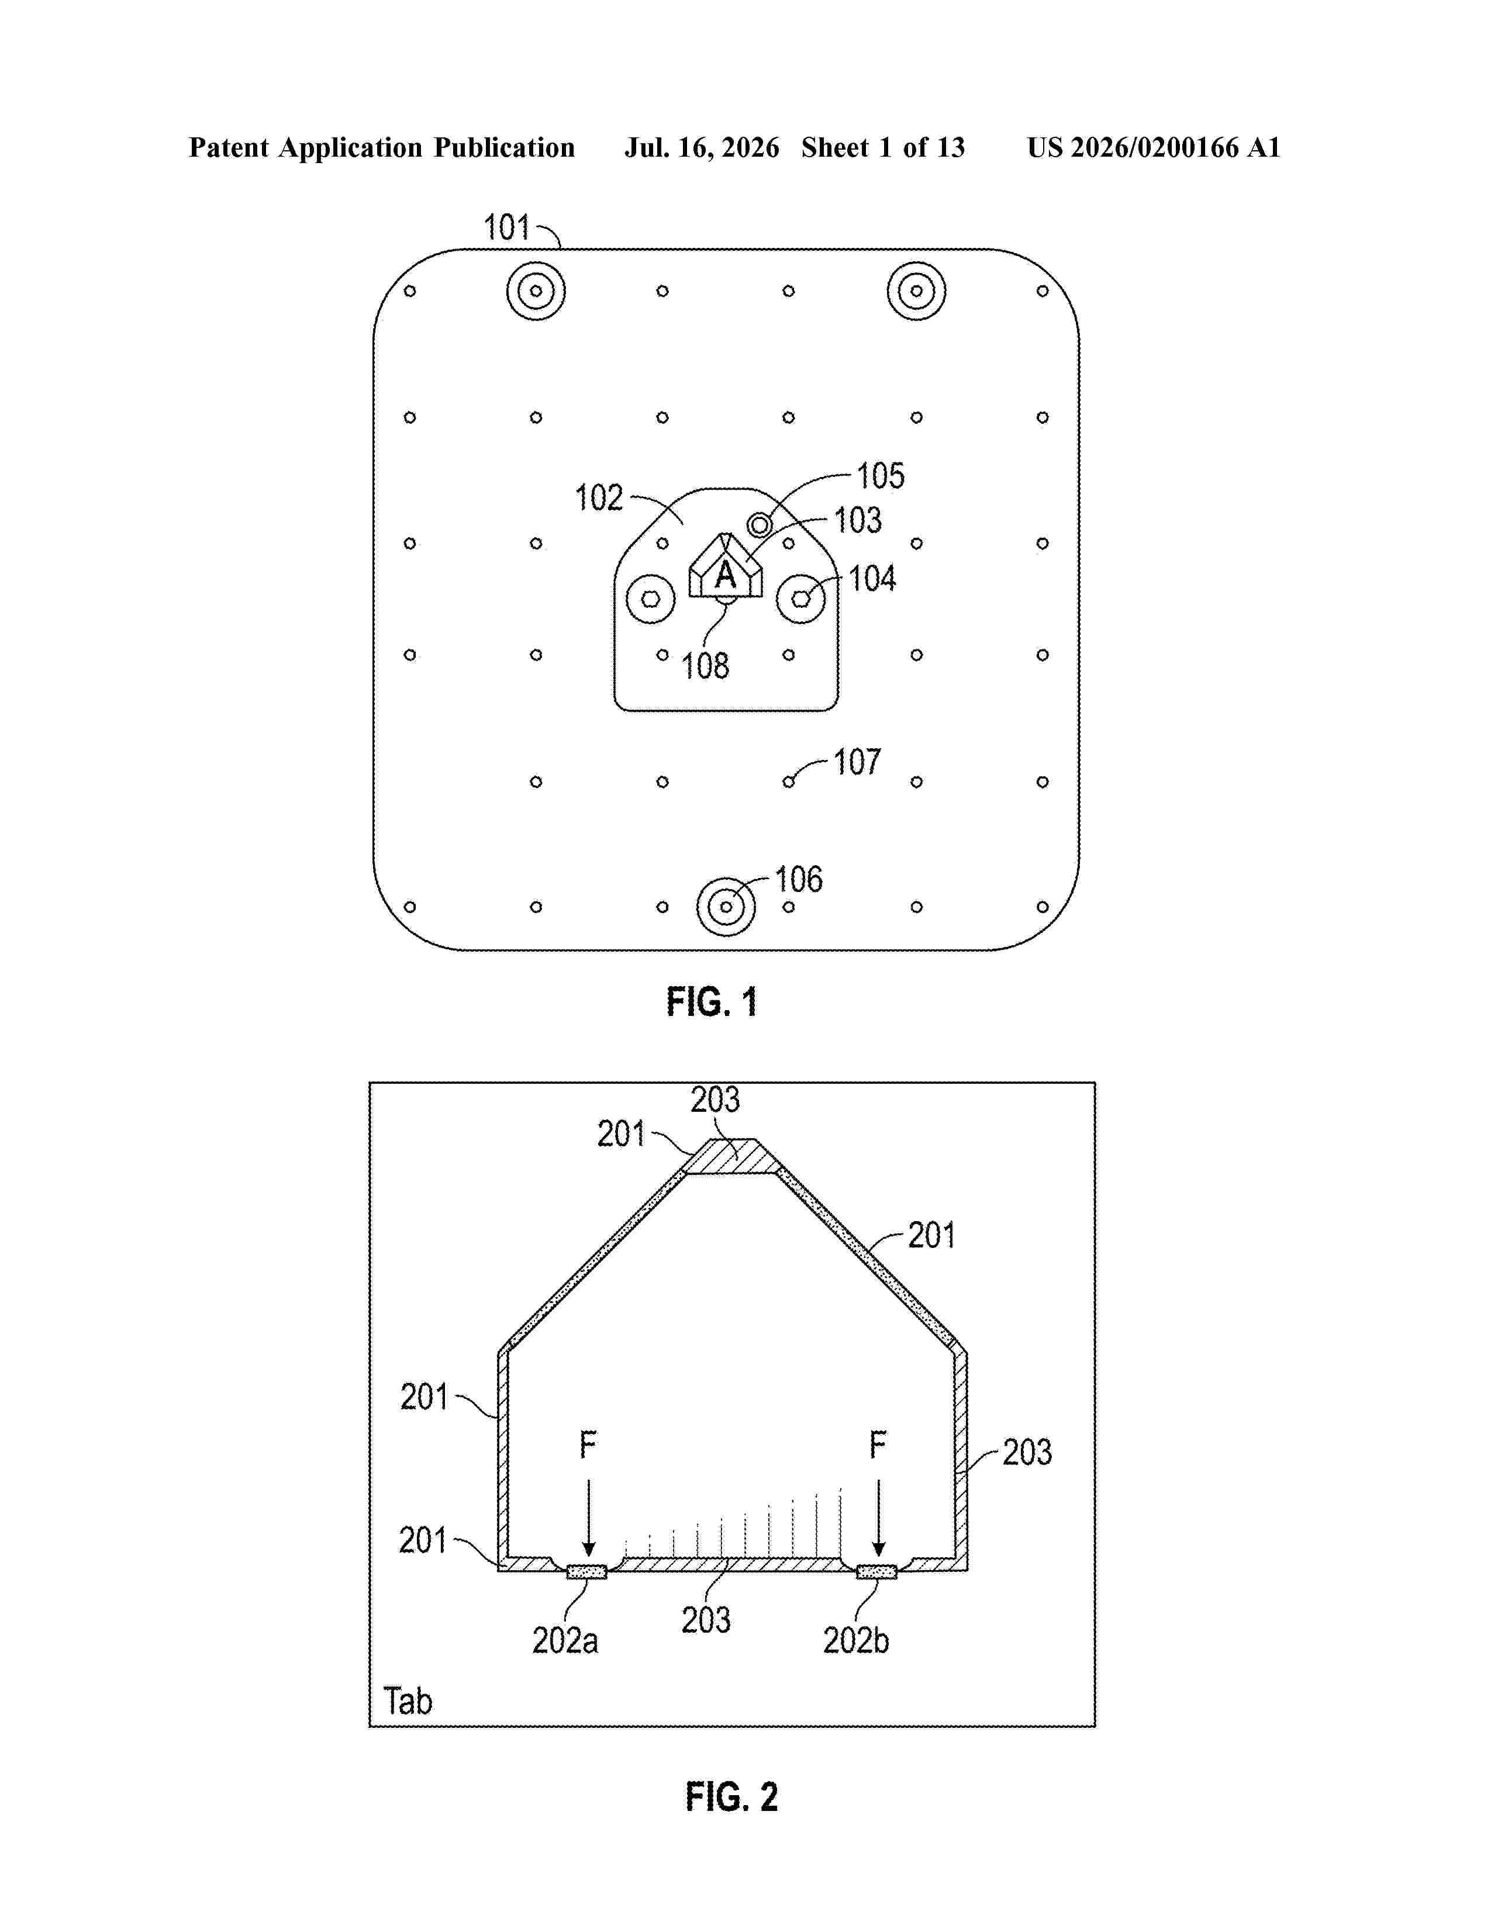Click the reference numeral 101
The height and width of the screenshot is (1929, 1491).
506,228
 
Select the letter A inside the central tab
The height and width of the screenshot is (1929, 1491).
725,575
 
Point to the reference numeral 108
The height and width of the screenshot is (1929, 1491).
705,666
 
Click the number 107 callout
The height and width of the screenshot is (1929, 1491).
857,762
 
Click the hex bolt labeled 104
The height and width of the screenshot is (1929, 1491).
801,599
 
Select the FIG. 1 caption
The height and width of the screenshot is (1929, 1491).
712,1002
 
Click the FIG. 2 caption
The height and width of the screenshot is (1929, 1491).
731,1797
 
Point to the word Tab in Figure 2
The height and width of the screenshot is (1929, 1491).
408,1701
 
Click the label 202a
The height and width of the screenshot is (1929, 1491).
565,1641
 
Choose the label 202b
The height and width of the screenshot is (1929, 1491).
856,1641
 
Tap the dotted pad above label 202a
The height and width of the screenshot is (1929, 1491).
586,1571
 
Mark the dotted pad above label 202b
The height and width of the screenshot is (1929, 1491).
877,1571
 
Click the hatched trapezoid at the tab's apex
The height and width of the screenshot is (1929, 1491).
731,1156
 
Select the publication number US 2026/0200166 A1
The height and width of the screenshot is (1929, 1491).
1154,147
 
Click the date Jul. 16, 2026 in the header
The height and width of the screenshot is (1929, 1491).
702,147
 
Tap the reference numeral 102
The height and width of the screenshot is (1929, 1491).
599,498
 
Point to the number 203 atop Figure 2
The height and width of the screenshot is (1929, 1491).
715,1100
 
